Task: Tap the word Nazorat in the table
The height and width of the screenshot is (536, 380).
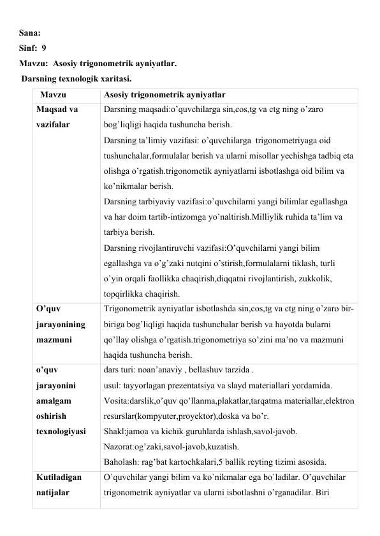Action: [x=119, y=447]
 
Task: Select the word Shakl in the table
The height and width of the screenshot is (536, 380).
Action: [x=114, y=432]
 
